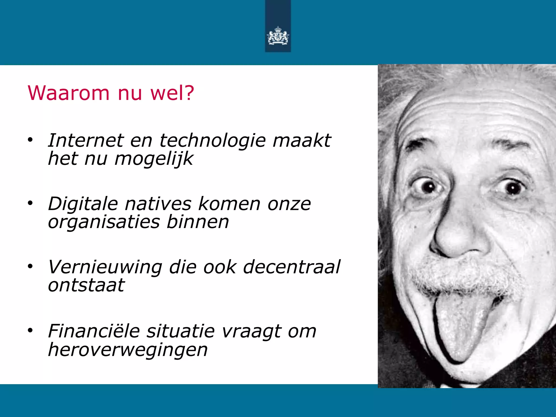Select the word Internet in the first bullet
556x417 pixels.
click(86, 141)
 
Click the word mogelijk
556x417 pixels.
click(154, 159)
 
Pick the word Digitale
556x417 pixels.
click(83, 204)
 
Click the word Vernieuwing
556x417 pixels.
click(105, 267)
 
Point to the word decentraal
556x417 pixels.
click(291, 267)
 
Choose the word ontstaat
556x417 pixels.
click(86, 286)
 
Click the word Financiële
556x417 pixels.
click(94, 331)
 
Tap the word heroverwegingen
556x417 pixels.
click(128, 350)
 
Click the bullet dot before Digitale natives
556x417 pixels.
click(30, 203)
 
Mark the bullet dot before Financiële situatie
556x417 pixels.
click(30, 330)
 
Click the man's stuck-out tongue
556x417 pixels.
click(459, 328)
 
